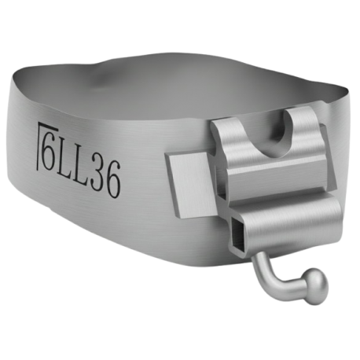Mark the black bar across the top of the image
(180, 24)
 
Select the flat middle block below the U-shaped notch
(267, 181)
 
